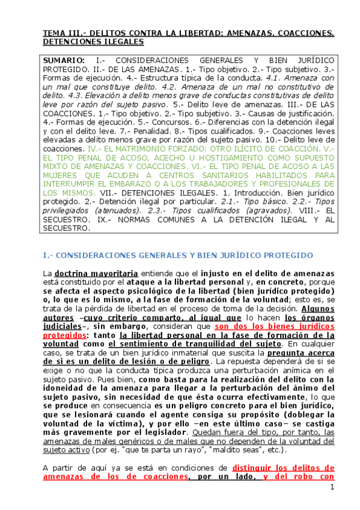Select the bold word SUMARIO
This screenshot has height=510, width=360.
pyautogui.click(x=64, y=61)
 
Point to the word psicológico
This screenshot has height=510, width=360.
pyautogui.click(x=157, y=292)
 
